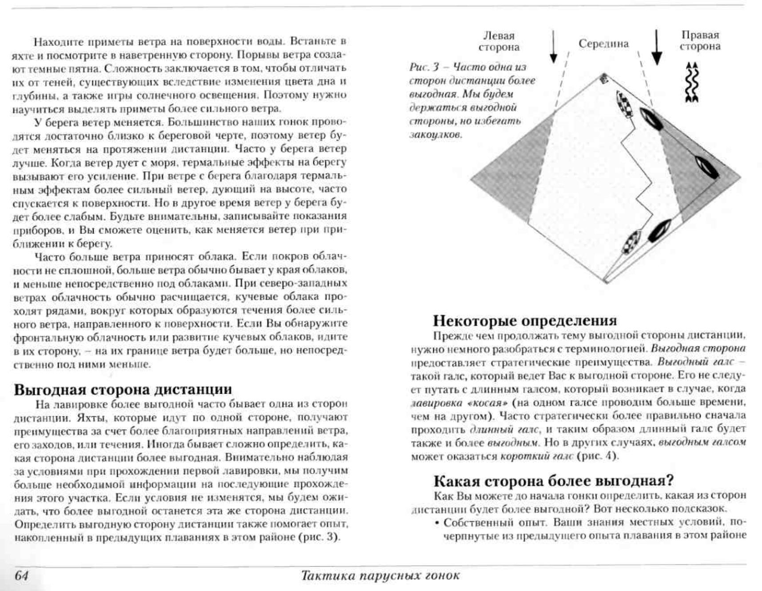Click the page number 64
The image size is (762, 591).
tap(21, 575)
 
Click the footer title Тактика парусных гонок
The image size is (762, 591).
tap(380, 575)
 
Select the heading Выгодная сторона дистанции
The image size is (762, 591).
tap(123, 390)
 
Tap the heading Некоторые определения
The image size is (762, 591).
tap(525, 321)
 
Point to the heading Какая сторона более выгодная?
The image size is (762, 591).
tap(553, 481)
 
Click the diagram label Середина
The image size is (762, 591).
tap(603, 44)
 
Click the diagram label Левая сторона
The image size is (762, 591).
tap(499, 41)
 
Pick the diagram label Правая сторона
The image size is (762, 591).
tap(700, 40)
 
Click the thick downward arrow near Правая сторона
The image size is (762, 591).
tap(657, 47)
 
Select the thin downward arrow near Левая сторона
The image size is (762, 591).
tap(553, 47)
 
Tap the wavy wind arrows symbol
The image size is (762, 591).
tap(692, 82)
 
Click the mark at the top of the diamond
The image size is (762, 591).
tap(604, 79)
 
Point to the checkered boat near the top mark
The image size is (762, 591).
tap(624, 104)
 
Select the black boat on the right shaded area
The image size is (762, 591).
tap(706, 168)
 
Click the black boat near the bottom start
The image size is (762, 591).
tap(659, 230)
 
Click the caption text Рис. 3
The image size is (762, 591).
tap(424, 67)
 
